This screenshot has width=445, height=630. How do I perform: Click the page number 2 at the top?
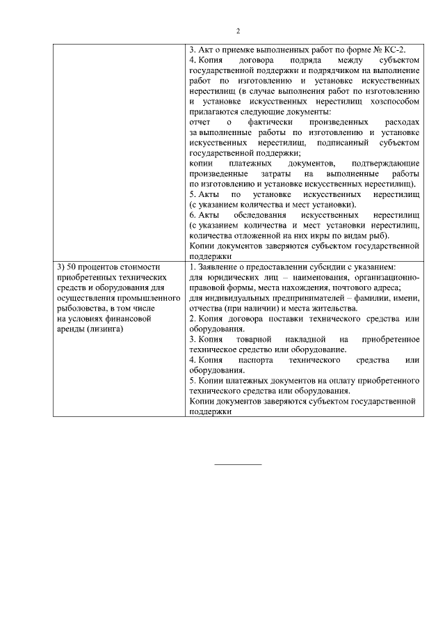point(238,31)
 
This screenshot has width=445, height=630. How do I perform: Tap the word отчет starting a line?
point(200,122)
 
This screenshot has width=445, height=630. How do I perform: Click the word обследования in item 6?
point(259,215)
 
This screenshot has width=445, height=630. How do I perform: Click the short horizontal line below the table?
point(238,464)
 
